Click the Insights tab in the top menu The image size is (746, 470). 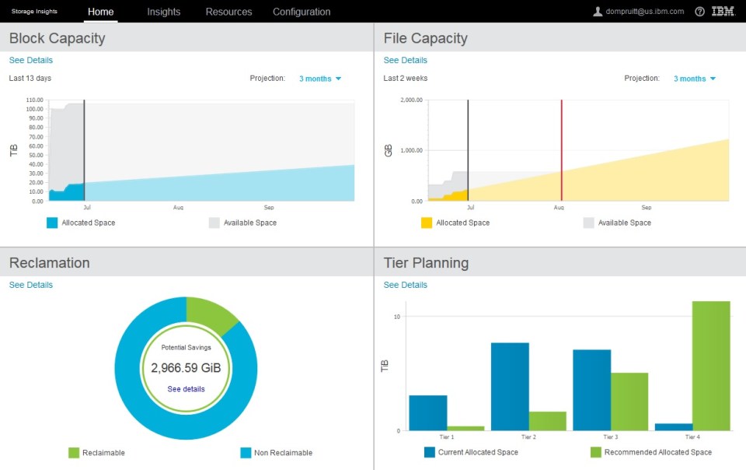pos(163,12)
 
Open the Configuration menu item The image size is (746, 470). pos(302,12)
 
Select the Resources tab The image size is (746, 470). pos(228,12)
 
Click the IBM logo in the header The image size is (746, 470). pos(723,12)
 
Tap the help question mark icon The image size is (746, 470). pos(699,12)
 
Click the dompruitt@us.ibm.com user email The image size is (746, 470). pos(644,12)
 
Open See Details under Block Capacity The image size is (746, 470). pos(31,60)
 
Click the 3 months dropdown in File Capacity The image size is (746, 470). pos(694,79)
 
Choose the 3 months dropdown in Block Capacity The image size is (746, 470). pos(319,79)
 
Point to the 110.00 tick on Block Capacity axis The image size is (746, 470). pos(34,100)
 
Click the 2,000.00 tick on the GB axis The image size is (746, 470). pos(410,100)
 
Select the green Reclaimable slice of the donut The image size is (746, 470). pos(211,314)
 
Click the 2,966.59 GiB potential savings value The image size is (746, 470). pos(186,367)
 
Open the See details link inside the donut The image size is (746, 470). pos(186,388)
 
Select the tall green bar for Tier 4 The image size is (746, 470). pos(711,366)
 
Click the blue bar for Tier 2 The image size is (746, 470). pos(510,387)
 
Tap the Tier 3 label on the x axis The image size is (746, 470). pos(611,437)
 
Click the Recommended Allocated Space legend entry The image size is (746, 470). pos(657,452)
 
